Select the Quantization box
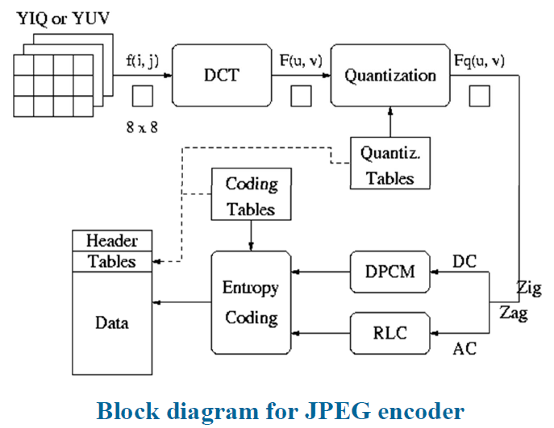[390, 75]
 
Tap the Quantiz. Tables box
[390, 164]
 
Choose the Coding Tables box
[251, 196]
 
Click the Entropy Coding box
[251, 302]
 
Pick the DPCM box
[390, 272]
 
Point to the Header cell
[112, 240]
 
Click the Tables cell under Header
[112, 260]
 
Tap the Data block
[112, 322]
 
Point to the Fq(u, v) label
[481, 58]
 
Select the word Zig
[529, 288]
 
